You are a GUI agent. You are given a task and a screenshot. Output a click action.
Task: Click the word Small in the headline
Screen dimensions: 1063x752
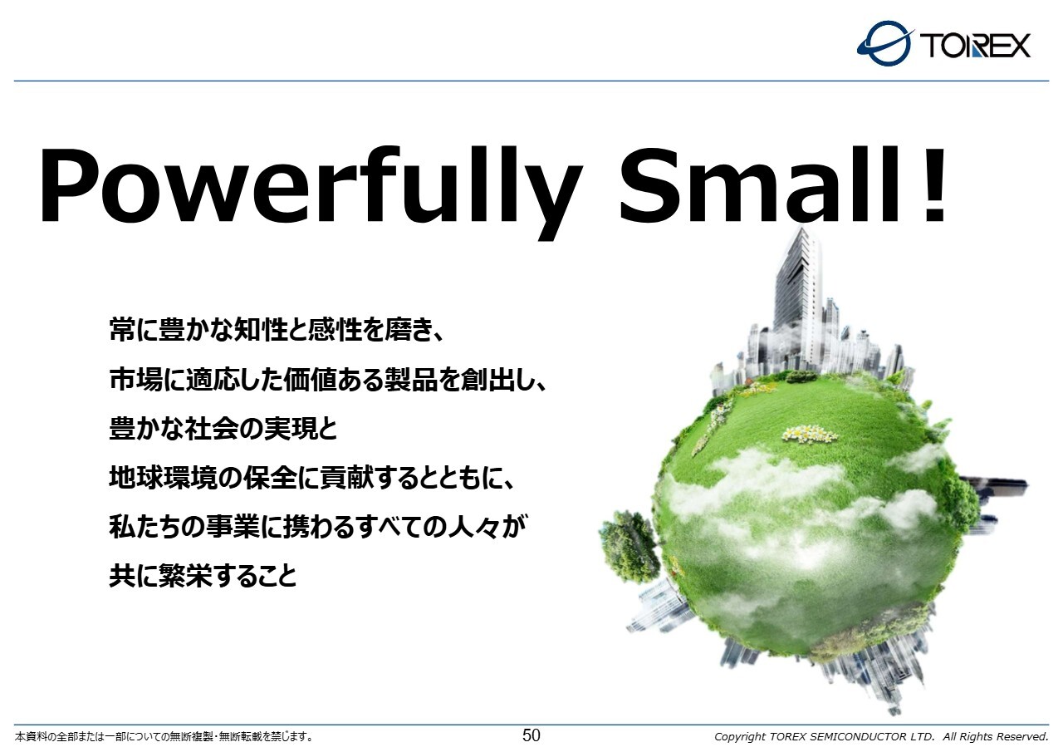pyautogui.click(x=759, y=185)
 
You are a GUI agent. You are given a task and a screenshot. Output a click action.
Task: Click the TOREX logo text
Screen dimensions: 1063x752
pyautogui.click(x=975, y=46)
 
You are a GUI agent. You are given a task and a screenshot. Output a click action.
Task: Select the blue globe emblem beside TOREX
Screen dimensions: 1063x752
pyautogui.click(x=885, y=43)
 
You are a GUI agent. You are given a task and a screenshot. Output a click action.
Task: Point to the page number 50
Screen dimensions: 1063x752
pyautogui.click(x=531, y=735)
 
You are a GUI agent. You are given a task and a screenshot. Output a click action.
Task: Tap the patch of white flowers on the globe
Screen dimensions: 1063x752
pyautogui.click(x=809, y=435)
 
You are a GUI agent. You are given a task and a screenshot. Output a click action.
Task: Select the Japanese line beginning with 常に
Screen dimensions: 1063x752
pyautogui.click(x=277, y=330)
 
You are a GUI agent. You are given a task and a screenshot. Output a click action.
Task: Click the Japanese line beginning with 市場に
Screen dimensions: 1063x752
pyautogui.click(x=328, y=379)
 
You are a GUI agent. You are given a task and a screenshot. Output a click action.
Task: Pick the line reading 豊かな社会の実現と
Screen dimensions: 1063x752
pyautogui.click(x=223, y=428)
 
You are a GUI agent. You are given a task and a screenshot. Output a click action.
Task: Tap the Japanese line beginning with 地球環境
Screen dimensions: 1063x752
pyautogui.click(x=311, y=478)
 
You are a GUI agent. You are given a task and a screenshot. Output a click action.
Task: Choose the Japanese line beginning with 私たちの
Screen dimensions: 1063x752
pyautogui.click(x=318, y=527)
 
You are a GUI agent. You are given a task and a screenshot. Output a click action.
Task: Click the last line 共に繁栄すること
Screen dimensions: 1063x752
pyautogui.click(x=203, y=577)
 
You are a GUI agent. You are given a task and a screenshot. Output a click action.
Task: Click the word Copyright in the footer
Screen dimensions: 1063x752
pyautogui.click(x=740, y=737)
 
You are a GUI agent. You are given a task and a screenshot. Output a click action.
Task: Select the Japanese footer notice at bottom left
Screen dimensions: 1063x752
pyautogui.click(x=164, y=737)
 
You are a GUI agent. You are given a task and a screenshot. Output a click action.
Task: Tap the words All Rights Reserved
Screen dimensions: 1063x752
pyautogui.click(x=995, y=736)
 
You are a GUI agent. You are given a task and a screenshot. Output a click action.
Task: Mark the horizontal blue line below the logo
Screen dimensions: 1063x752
pyautogui.click(x=531, y=81)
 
